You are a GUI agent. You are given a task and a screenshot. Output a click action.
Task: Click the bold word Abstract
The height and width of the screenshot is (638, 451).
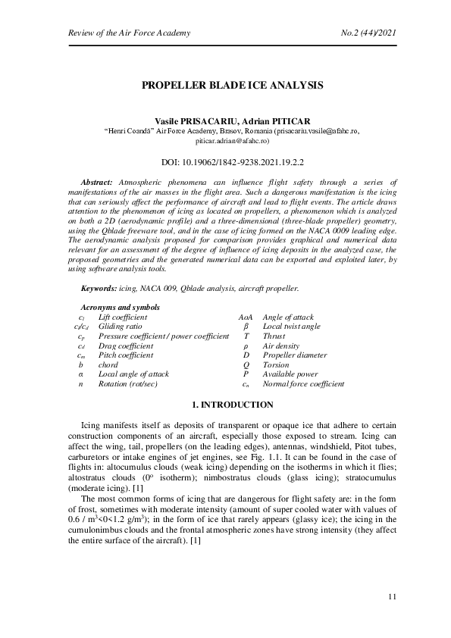point(96,183)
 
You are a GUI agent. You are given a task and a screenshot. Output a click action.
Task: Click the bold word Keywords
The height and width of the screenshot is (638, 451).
point(99,289)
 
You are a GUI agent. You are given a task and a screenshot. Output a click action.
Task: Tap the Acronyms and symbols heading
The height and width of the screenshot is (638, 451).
point(120,307)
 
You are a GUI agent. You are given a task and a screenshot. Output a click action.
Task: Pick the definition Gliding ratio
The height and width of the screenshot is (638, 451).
point(120,326)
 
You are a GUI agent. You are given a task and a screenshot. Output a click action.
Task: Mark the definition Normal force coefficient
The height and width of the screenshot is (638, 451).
point(303,383)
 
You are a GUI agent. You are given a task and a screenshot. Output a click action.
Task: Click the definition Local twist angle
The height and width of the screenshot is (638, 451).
point(291,326)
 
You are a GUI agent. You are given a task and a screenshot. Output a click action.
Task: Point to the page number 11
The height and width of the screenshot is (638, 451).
point(392,597)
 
